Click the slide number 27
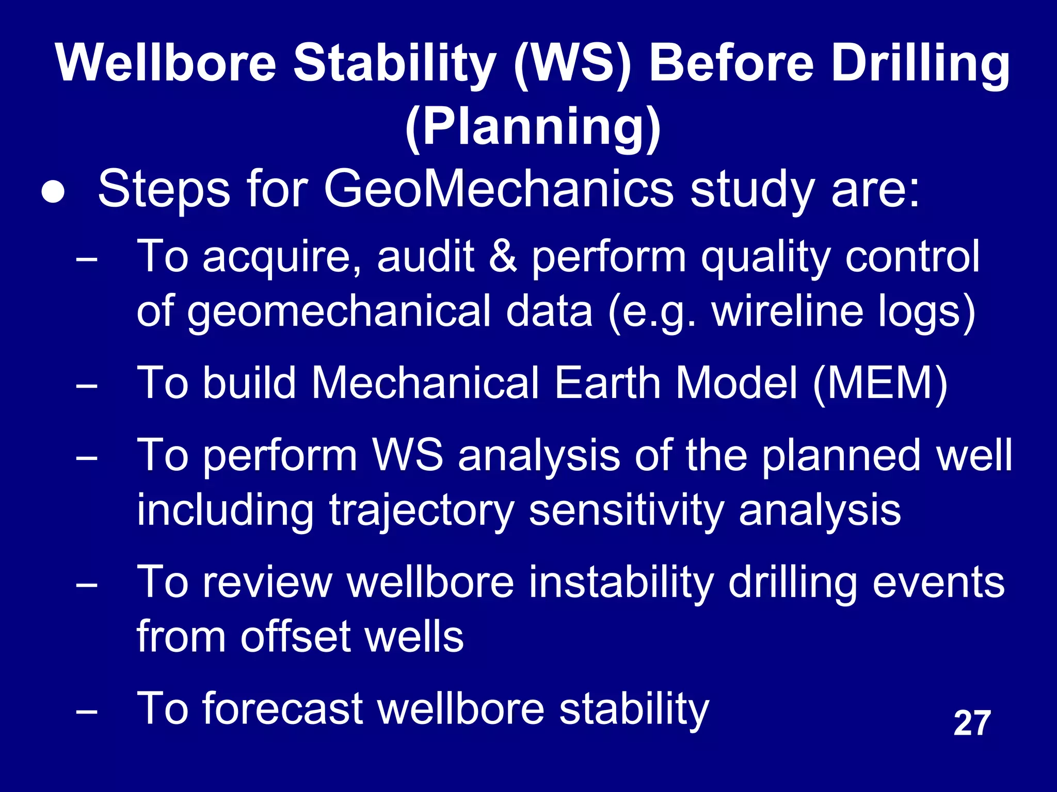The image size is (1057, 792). click(972, 723)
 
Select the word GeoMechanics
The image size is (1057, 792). click(499, 190)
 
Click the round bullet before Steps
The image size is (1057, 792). click(54, 192)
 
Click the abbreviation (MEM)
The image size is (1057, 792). click(880, 384)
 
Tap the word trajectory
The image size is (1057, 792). click(422, 510)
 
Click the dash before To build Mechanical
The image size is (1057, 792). click(86, 386)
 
